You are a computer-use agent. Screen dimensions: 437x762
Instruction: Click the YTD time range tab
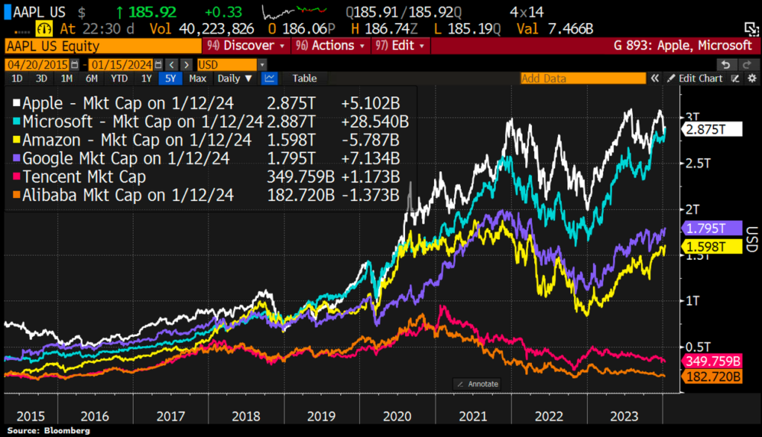click(x=118, y=78)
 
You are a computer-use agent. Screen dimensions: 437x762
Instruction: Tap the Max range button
click(x=197, y=78)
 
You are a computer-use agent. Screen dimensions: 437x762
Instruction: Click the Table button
click(x=304, y=78)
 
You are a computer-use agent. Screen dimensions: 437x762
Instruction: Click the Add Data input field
click(x=582, y=78)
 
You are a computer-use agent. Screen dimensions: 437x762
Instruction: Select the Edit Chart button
click(x=694, y=78)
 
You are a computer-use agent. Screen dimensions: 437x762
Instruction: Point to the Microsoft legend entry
click(x=142, y=121)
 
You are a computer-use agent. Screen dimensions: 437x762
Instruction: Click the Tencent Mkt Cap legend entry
click(x=84, y=177)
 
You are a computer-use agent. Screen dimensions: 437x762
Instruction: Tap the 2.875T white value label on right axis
click(x=711, y=128)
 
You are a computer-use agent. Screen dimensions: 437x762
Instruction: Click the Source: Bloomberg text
click(x=50, y=430)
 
